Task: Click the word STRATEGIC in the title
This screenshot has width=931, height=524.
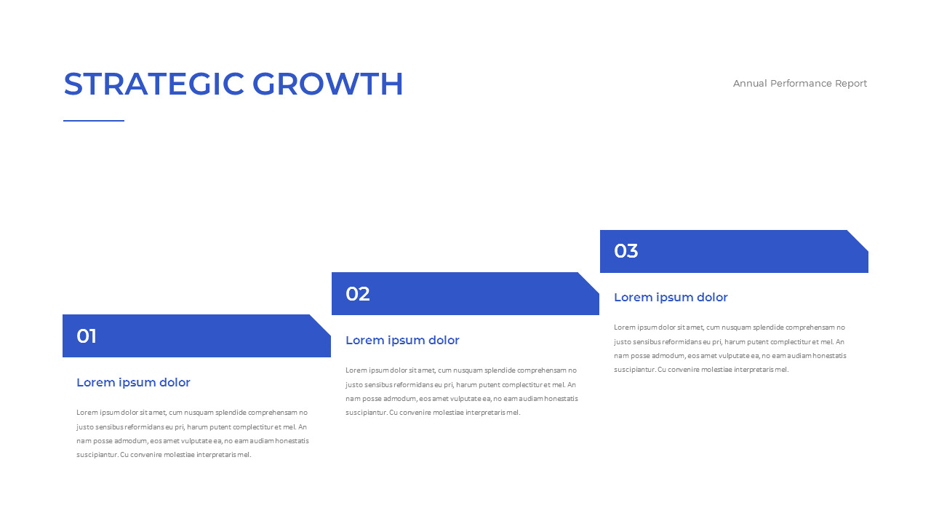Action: coord(153,84)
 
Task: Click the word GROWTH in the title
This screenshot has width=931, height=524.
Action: coord(327,84)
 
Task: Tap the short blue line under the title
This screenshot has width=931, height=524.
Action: coord(94,121)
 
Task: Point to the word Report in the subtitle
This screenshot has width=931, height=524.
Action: coord(851,84)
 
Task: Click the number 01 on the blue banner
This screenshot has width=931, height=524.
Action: coord(87,336)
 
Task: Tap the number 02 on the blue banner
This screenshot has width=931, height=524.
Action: coord(357,293)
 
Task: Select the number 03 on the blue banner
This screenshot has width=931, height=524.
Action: coord(626,251)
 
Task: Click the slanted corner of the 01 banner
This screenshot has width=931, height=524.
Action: coord(320,325)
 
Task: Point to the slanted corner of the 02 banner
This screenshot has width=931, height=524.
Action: coord(588,283)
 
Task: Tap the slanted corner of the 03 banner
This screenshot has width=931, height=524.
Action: coord(858,240)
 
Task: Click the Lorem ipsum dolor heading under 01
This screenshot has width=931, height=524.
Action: coord(133,383)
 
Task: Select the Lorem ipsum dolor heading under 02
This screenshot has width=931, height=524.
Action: coord(402,340)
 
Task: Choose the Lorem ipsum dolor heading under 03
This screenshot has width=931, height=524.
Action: coord(671,298)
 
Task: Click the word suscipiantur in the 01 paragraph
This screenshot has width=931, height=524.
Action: coord(97,455)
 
